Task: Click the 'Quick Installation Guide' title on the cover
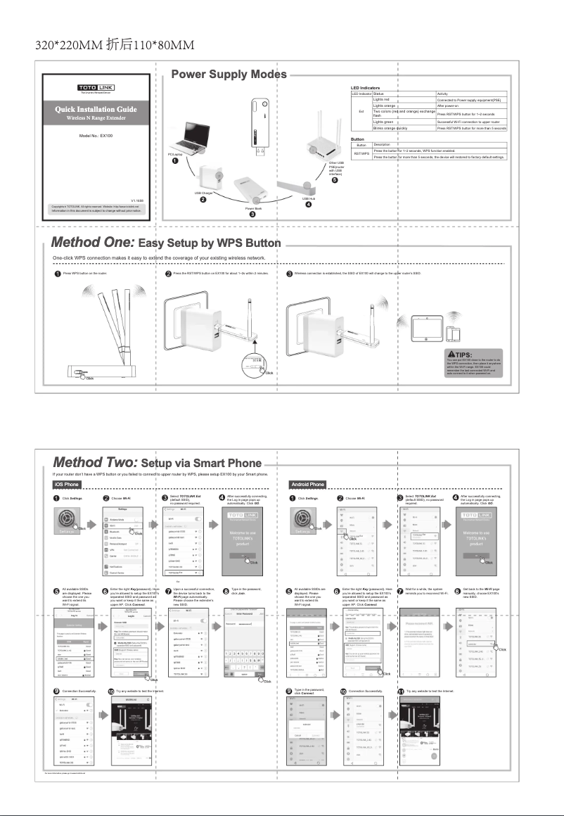tap(96, 109)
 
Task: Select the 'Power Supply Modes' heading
tap(229, 75)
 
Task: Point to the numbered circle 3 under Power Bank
tap(253, 214)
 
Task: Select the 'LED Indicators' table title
tap(365, 87)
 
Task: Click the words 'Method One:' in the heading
tap(94, 243)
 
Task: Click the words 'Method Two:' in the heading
tap(95, 463)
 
